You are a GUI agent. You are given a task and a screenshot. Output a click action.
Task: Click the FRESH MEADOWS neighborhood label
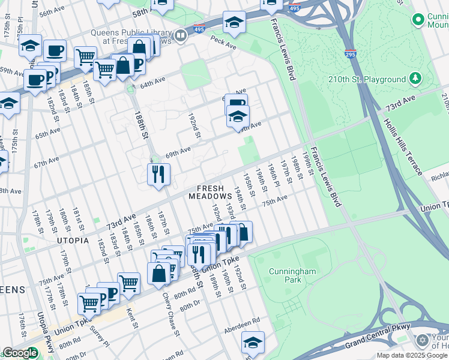210,192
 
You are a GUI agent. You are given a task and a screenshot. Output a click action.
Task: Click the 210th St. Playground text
367,79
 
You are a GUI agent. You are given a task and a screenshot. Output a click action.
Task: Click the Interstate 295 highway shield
351,54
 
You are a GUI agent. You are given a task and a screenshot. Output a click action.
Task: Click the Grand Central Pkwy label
377,336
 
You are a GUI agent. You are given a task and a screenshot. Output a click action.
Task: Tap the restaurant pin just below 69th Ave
158,175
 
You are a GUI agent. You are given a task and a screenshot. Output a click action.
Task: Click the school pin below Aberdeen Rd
253,343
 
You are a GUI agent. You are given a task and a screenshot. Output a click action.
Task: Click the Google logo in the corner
20,353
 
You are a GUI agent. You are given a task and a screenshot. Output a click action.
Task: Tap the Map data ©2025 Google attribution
412,355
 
